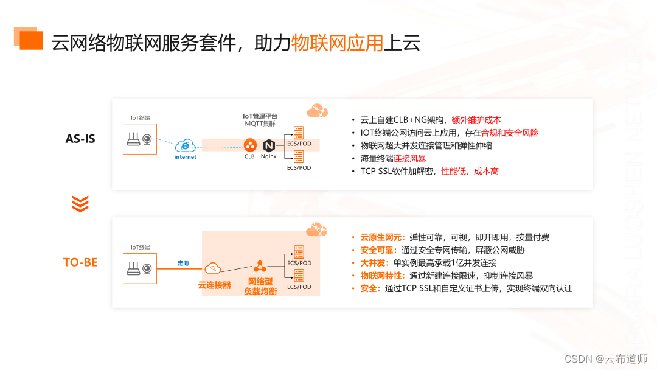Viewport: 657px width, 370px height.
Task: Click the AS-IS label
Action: click(x=80, y=138)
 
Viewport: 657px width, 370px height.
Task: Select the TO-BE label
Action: click(x=80, y=262)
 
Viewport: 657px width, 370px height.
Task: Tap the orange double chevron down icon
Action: click(x=80, y=203)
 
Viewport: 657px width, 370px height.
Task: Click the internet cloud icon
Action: click(x=185, y=146)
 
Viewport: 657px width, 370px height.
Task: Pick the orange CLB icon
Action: click(x=249, y=145)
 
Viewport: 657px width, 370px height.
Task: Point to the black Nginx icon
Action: click(x=268, y=145)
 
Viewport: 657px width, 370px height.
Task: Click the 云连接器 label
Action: click(x=214, y=285)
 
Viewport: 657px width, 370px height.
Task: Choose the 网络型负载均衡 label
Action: click(x=260, y=287)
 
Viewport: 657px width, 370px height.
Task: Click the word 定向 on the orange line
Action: click(x=183, y=264)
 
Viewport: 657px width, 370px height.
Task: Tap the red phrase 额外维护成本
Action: click(x=476, y=120)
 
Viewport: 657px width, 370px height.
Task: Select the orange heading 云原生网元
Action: click(x=381, y=237)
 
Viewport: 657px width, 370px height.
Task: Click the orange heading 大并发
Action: click(x=373, y=263)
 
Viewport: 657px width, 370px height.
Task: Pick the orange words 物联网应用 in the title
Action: click(x=337, y=43)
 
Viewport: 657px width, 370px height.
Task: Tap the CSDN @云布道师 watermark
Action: click(x=605, y=359)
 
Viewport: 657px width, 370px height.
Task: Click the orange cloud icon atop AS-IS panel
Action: click(x=317, y=111)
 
